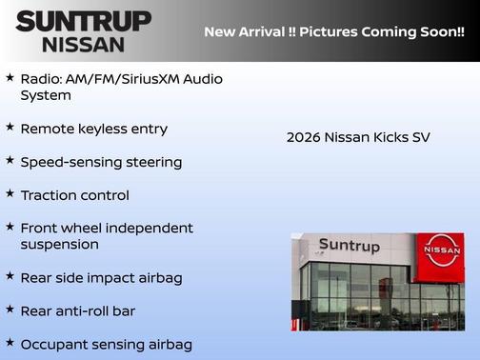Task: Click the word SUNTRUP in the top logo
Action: [84, 20]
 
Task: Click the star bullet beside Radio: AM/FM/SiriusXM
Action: [10, 77]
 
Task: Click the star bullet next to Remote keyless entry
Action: [10, 127]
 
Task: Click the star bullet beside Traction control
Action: [10, 193]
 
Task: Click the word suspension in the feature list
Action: [59, 245]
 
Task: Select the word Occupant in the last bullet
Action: [54, 345]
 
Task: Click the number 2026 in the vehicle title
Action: [304, 137]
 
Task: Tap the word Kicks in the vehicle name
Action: [389, 137]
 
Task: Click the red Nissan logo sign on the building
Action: [442, 250]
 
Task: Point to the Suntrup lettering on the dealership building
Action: [349, 247]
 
